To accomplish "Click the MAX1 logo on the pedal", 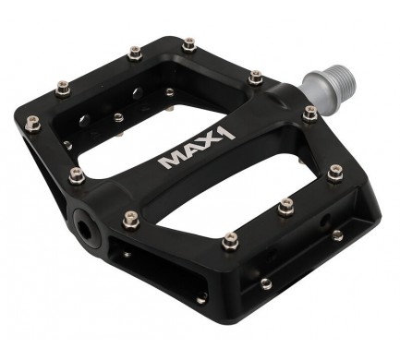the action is tap(198, 148).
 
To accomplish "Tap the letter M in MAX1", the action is tap(170, 161).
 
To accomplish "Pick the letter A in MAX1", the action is tap(192, 151).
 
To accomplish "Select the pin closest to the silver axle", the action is tap(309, 113).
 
